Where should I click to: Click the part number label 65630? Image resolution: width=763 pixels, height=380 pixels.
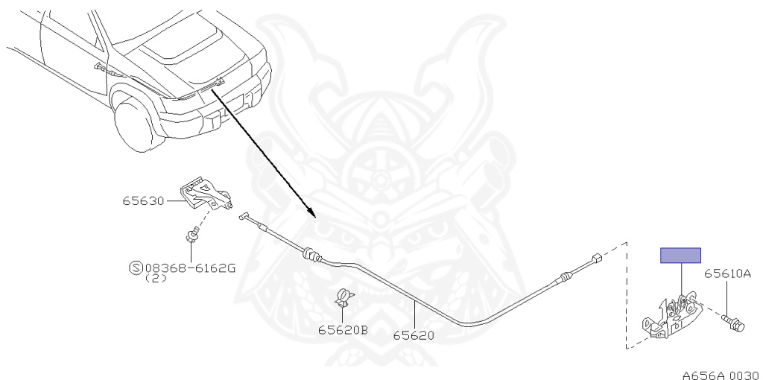pos(145,200)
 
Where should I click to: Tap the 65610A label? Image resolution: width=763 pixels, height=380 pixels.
pos(727,273)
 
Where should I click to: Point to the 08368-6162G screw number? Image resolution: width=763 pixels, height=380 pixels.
pos(190,267)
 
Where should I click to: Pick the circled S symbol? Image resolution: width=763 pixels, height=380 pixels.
pos(136,267)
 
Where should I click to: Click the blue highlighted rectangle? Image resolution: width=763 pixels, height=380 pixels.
pos(680,256)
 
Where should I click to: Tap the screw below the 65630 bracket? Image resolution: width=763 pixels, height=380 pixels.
pos(191,237)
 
